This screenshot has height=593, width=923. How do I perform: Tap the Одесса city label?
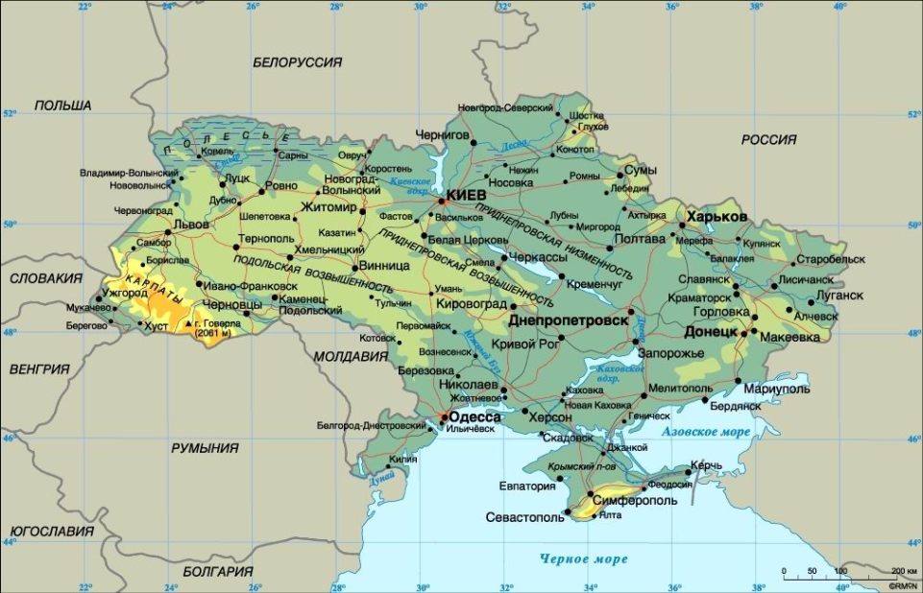[x=475, y=417]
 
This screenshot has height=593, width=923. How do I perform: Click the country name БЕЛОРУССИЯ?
[x=298, y=61]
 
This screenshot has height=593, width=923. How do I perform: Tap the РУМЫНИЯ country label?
[x=205, y=448]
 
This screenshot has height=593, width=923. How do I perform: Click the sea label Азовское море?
[x=706, y=433]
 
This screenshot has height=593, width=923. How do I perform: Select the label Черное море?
[x=583, y=558]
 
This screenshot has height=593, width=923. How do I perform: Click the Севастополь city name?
[x=518, y=518]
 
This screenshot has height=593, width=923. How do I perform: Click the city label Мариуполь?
[x=777, y=390]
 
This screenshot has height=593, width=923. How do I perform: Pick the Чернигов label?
[x=443, y=135]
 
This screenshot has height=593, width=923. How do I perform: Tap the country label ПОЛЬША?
[x=62, y=106]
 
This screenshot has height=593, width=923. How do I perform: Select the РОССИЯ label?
[x=768, y=140]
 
